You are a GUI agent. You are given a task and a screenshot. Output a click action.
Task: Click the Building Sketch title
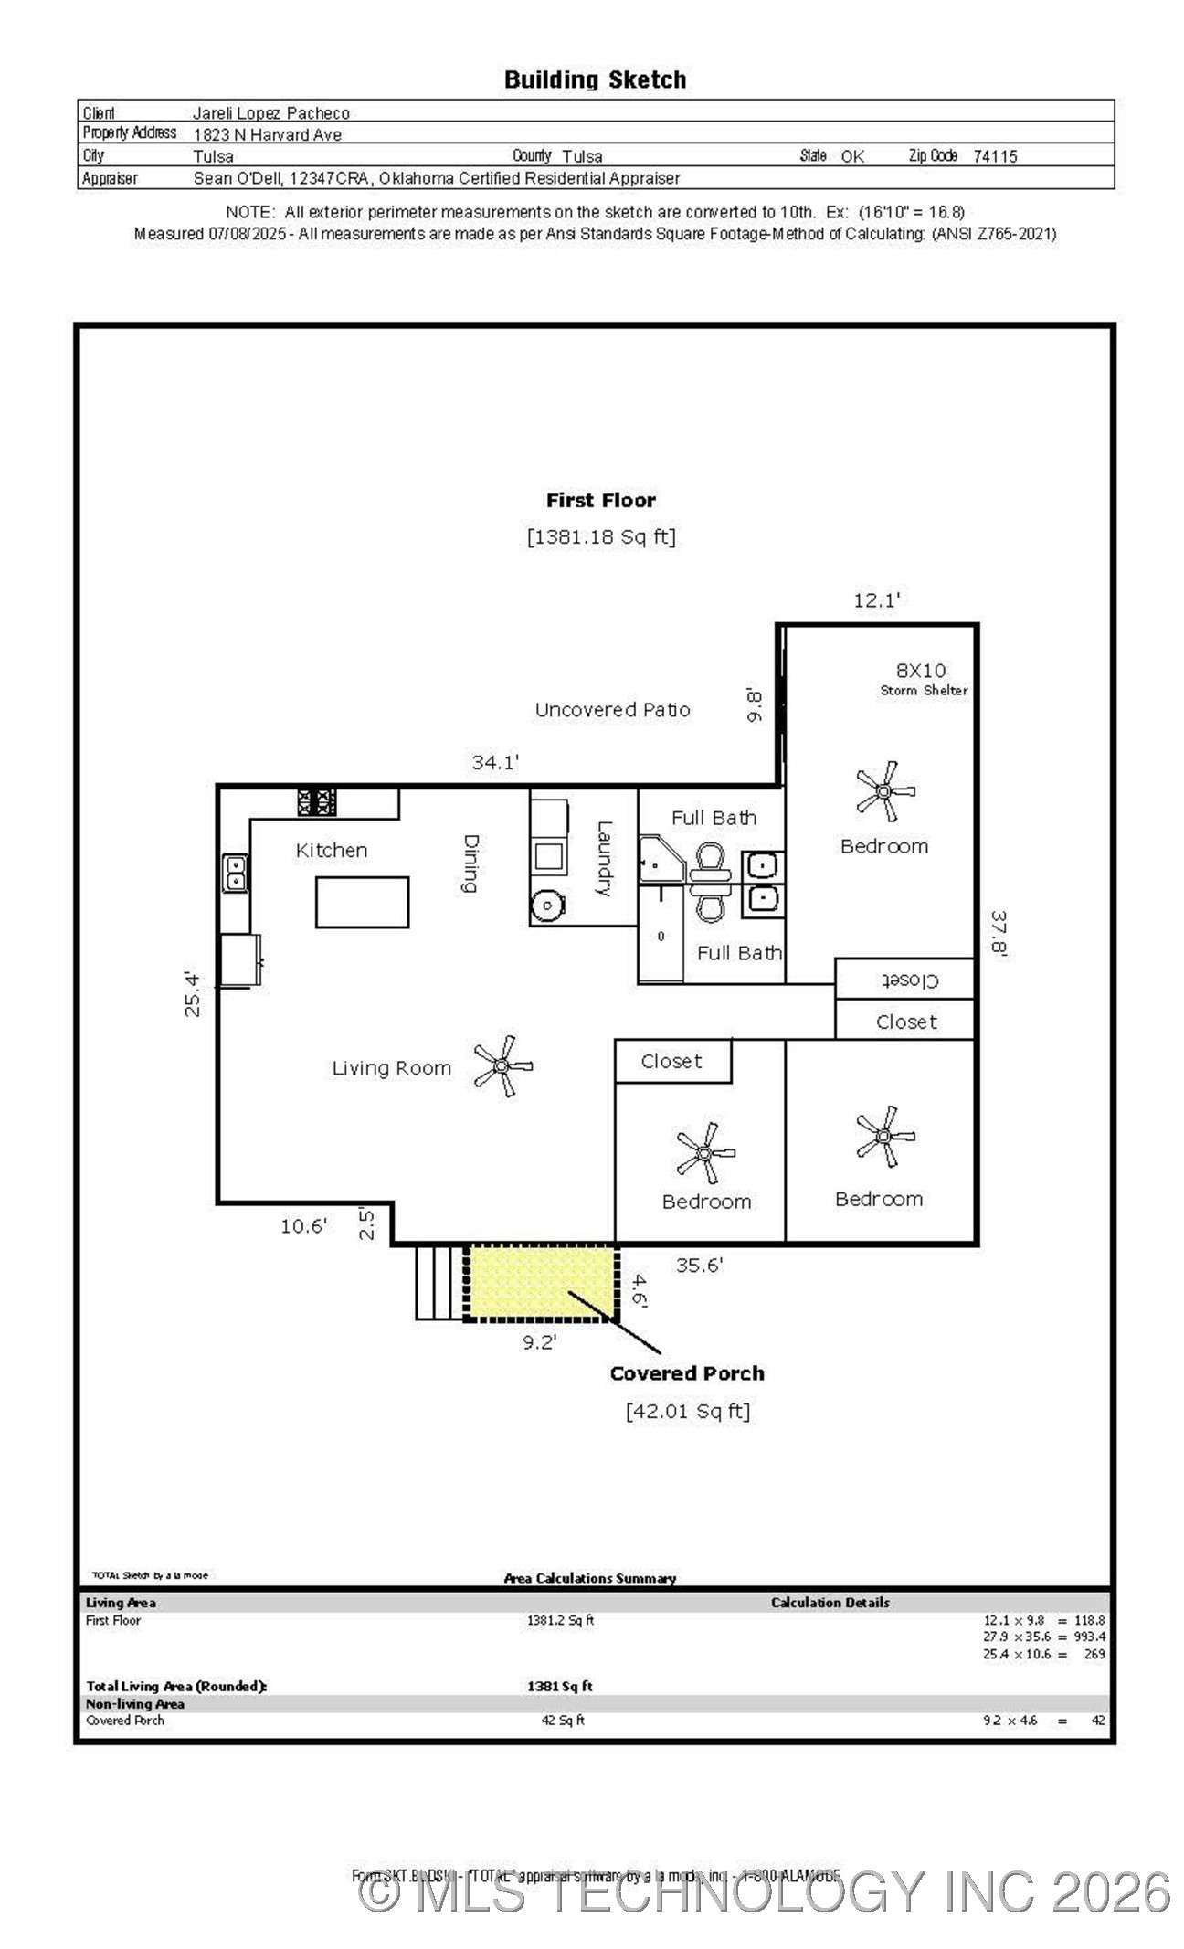pyautogui.click(x=595, y=80)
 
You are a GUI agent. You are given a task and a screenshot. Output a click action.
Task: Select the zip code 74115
pyautogui.click(x=994, y=156)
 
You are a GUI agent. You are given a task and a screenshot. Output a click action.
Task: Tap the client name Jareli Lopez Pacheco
pyautogui.click(x=270, y=113)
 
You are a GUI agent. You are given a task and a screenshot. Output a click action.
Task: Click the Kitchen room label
pyautogui.click(x=331, y=851)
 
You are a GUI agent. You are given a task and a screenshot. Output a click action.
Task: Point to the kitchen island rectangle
pyautogui.click(x=362, y=902)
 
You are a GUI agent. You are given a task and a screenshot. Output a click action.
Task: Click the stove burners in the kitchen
pyautogui.click(x=317, y=802)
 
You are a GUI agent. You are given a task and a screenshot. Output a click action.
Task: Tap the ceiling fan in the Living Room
pyautogui.click(x=502, y=1065)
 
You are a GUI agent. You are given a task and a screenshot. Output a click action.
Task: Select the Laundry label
pyautogui.click(x=604, y=858)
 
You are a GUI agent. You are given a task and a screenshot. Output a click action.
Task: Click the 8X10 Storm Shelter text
pyautogui.click(x=922, y=679)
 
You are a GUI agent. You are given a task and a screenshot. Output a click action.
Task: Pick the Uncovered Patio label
pyautogui.click(x=612, y=710)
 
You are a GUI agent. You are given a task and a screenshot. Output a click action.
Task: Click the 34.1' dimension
pyautogui.click(x=495, y=762)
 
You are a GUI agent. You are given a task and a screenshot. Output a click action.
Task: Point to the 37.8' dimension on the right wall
pyautogui.click(x=999, y=932)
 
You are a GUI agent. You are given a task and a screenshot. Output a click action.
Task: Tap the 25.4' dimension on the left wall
pyautogui.click(x=193, y=993)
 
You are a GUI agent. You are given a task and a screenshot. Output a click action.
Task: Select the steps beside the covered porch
pyautogui.click(x=438, y=1282)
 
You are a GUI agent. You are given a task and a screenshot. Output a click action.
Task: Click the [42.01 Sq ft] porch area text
pyautogui.click(x=687, y=1411)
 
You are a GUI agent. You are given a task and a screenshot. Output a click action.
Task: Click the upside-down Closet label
pyautogui.click(x=908, y=980)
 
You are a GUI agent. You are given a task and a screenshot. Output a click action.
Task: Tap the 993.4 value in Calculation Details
pyautogui.click(x=1089, y=1637)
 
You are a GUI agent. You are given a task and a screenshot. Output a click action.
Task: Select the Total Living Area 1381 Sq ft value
pyautogui.click(x=559, y=1686)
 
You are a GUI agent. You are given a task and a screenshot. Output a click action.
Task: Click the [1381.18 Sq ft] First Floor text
pyautogui.click(x=600, y=536)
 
